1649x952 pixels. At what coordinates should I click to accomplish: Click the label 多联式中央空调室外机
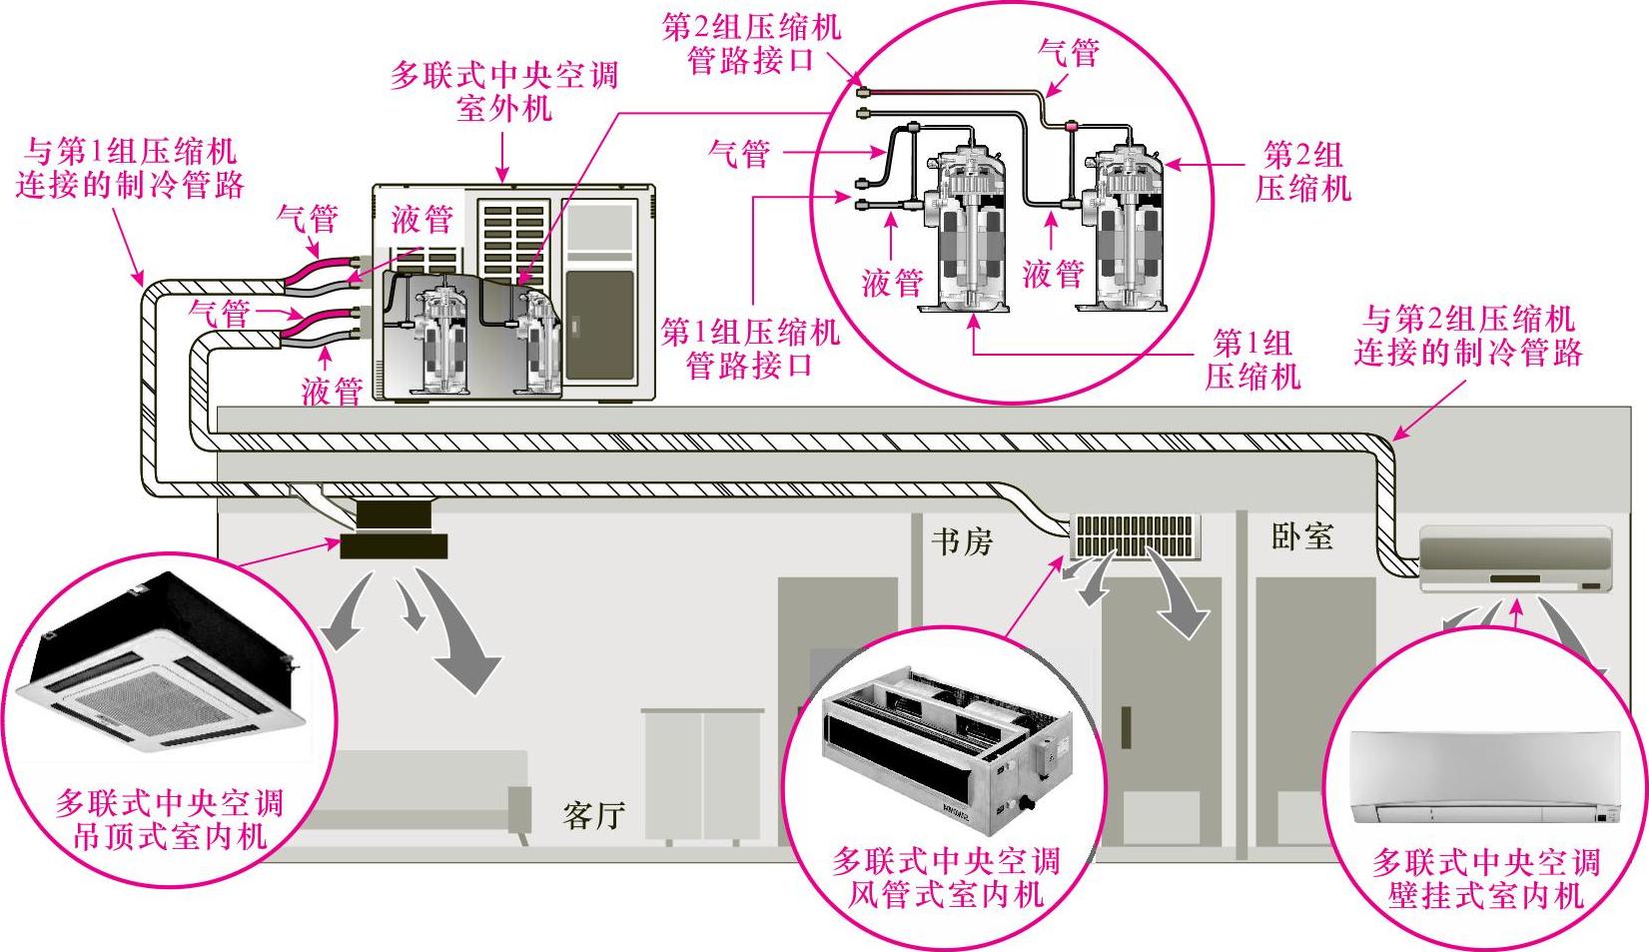pos(503,91)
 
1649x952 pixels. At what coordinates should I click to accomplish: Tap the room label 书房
pos(962,542)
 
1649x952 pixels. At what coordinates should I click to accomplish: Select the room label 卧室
pos(1301,536)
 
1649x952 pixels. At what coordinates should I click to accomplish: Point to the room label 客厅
pos(593,815)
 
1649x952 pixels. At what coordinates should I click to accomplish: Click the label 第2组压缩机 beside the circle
pos(1302,171)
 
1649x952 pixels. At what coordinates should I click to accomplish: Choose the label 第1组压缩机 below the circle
pos(1252,360)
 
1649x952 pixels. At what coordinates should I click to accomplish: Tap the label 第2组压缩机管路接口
pos(750,43)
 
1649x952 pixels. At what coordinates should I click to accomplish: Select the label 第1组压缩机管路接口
pos(750,349)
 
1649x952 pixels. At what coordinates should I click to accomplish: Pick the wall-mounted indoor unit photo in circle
pos(1485,777)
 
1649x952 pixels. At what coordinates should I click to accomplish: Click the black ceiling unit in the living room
pos(394,531)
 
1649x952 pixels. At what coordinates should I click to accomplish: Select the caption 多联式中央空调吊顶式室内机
pos(169,819)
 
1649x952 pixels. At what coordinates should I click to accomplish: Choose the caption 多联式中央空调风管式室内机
pos(945,877)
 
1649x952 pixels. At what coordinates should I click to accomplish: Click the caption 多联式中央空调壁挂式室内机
pos(1485,877)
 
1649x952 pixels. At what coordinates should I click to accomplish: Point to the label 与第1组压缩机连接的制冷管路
pos(130,168)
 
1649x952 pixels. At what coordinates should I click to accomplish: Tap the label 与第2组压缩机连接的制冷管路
pos(1468,336)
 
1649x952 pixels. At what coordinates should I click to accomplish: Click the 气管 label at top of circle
pos(1069,52)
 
